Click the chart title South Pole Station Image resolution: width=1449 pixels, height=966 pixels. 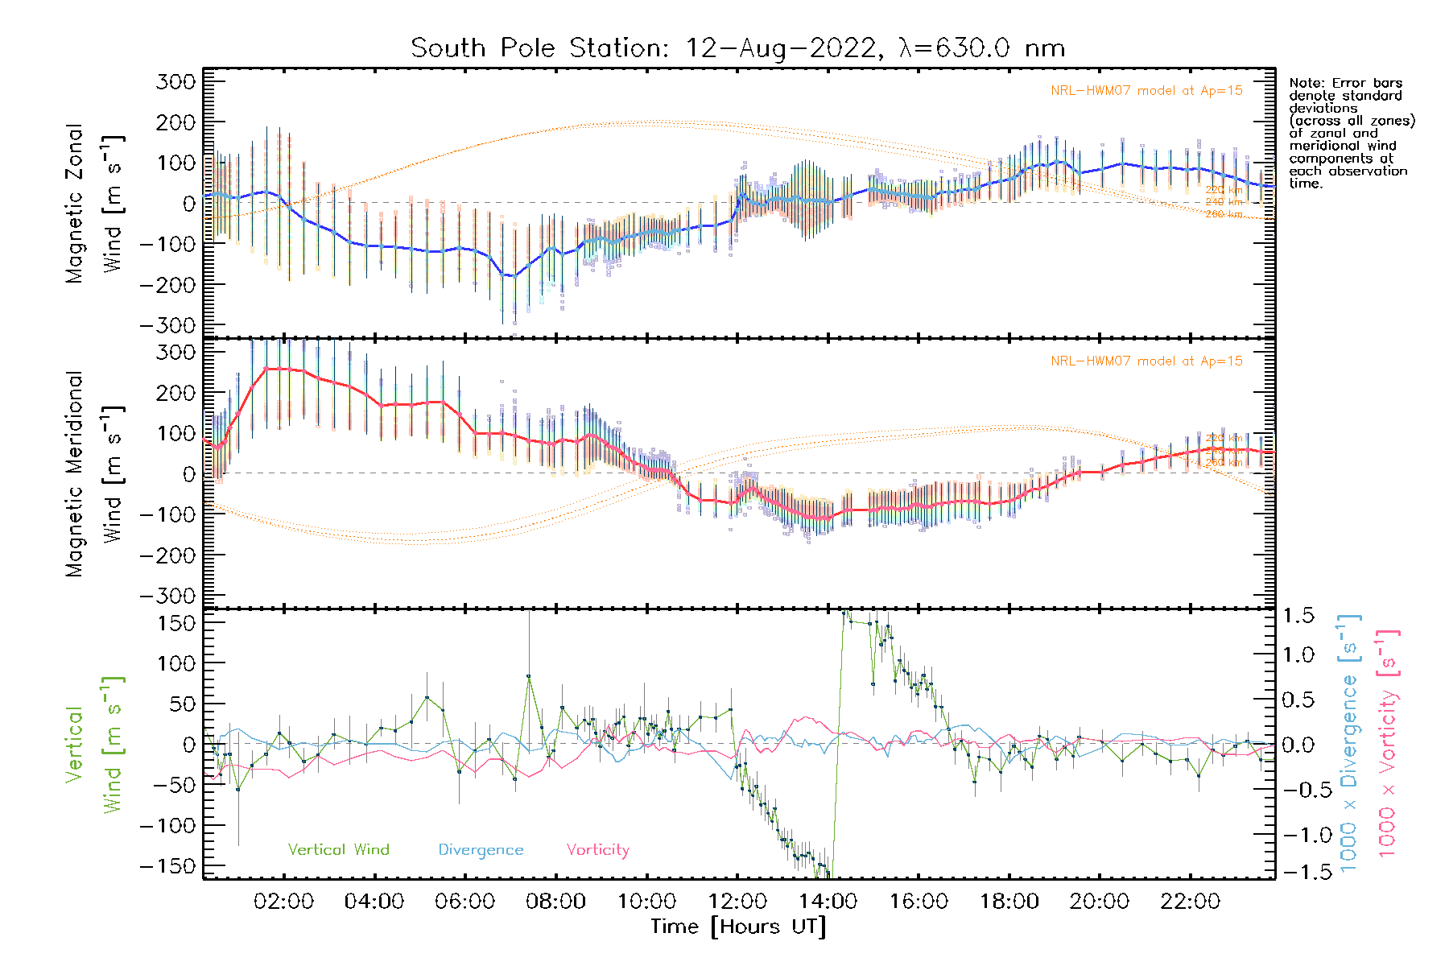[x=737, y=48]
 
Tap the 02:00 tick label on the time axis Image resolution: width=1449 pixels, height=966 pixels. [x=283, y=902]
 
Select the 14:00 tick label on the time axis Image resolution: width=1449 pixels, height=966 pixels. [x=828, y=902]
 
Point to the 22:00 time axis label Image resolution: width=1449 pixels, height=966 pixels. [x=1190, y=902]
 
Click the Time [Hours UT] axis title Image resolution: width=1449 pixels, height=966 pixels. [x=738, y=927]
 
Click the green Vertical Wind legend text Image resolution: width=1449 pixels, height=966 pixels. [x=338, y=850]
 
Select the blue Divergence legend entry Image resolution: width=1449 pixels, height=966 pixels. [x=481, y=850]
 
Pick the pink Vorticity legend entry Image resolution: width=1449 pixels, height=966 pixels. [x=597, y=850]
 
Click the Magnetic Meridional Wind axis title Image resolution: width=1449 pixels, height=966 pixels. [x=95, y=474]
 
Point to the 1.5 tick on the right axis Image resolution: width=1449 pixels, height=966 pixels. [x=1298, y=616]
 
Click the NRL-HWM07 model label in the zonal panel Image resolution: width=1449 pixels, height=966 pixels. [x=1146, y=91]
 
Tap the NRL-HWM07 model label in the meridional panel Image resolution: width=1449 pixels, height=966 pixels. [x=1146, y=361]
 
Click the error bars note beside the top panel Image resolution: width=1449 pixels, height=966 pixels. [x=1351, y=133]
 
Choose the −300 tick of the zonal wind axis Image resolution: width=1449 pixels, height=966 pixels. [x=167, y=325]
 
